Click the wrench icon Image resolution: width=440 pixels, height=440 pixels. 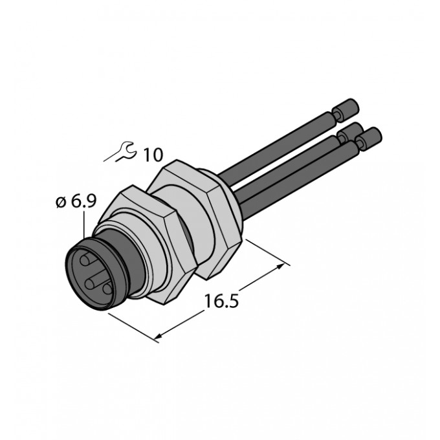pyautogui.click(x=120, y=151)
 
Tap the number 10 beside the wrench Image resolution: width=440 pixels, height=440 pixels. pyautogui.click(x=153, y=155)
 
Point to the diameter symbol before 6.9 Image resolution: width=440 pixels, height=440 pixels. pyautogui.click(x=60, y=202)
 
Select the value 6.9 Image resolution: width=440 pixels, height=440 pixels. pyautogui.click(x=83, y=201)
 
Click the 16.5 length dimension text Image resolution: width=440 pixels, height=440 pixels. pyautogui.click(x=222, y=301)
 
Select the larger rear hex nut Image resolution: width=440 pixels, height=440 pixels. pyautogui.click(x=197, y=219)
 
